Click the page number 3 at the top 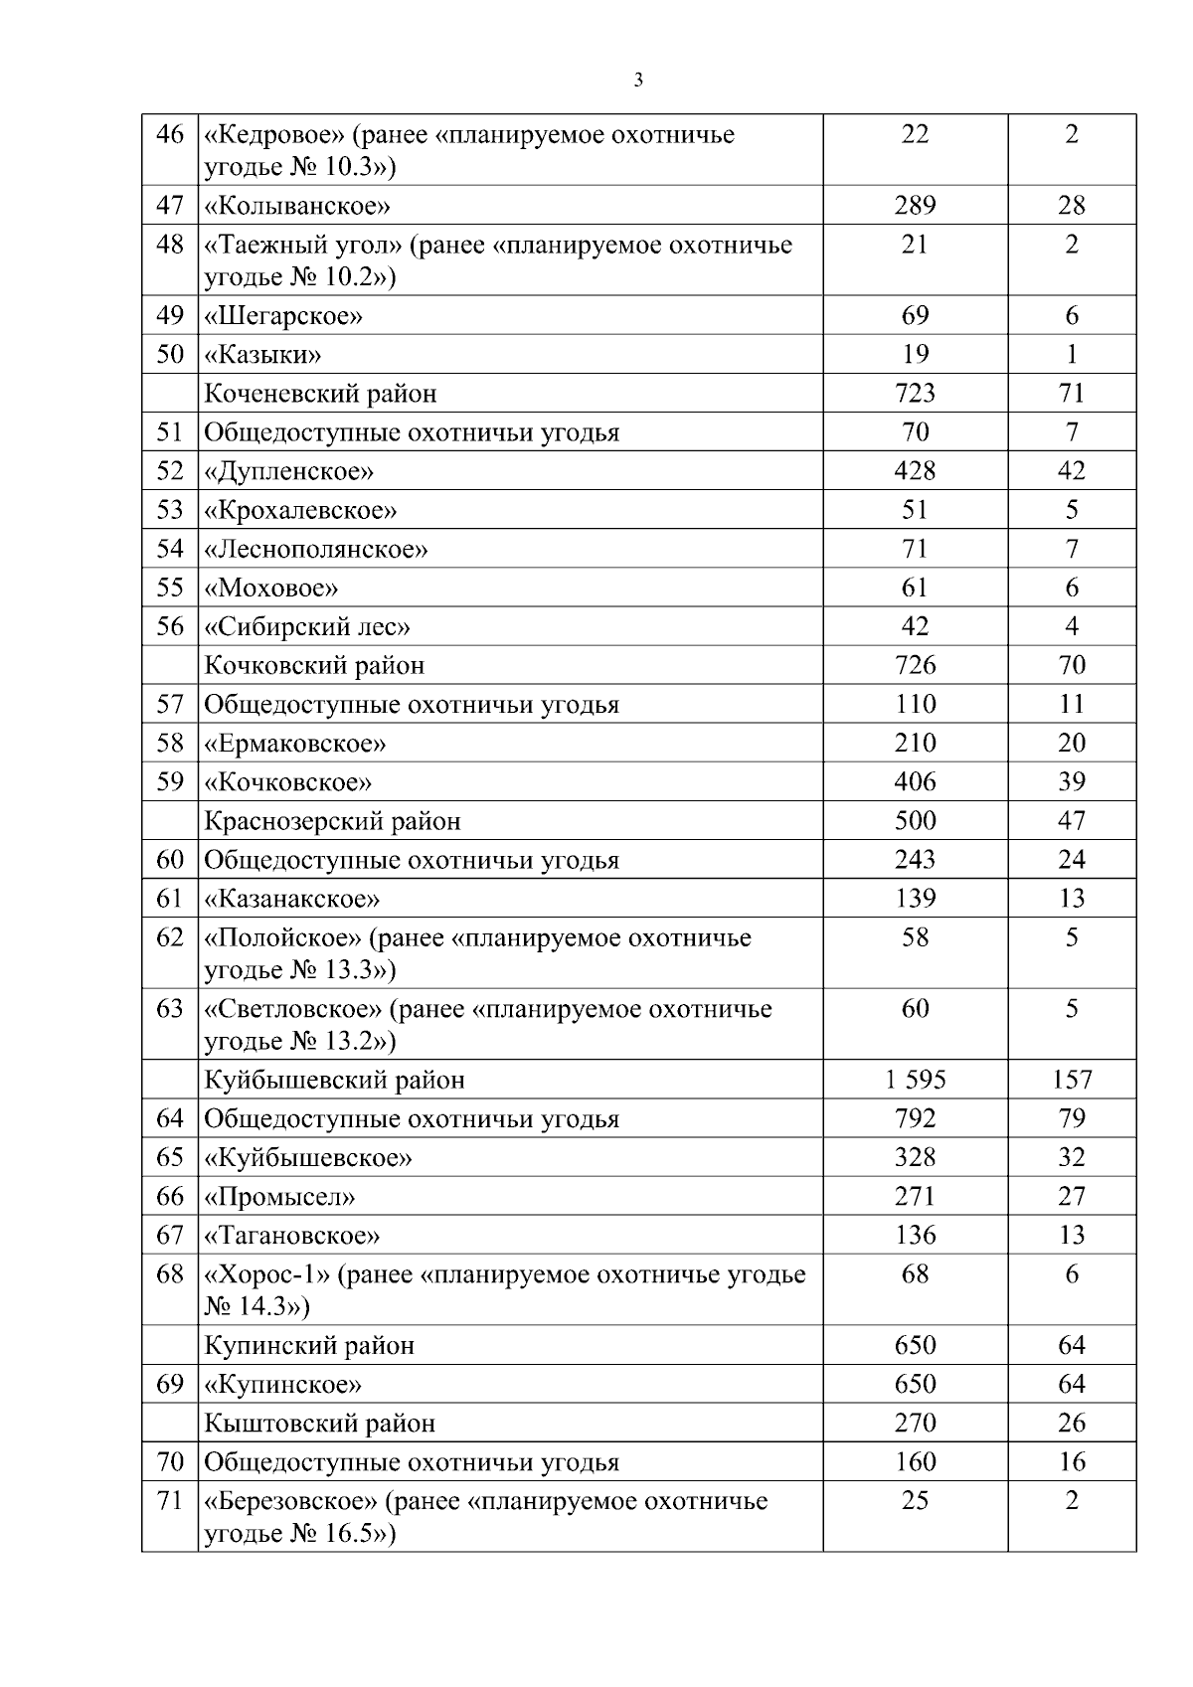(637, 81)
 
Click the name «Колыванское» (296, 206)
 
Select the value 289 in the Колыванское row (915, 205)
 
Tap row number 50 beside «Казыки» (170, 354)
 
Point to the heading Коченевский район (320, 394)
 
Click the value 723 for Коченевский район (915, 393)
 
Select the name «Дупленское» (288, 471)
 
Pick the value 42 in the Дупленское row (1071, 470)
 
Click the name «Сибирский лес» (307, 626)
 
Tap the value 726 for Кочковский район (915, 664)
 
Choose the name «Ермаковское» (294, 744)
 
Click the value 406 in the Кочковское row (915, 781)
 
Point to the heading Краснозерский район (332, 821)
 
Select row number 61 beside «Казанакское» (170, 899)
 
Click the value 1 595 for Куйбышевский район (915, 1080)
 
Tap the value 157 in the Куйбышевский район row (1072, 1080)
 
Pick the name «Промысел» (279, 1197)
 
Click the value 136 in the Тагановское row (915, 1235)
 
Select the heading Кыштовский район (319, 1424)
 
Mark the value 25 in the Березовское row (915, 1500)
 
